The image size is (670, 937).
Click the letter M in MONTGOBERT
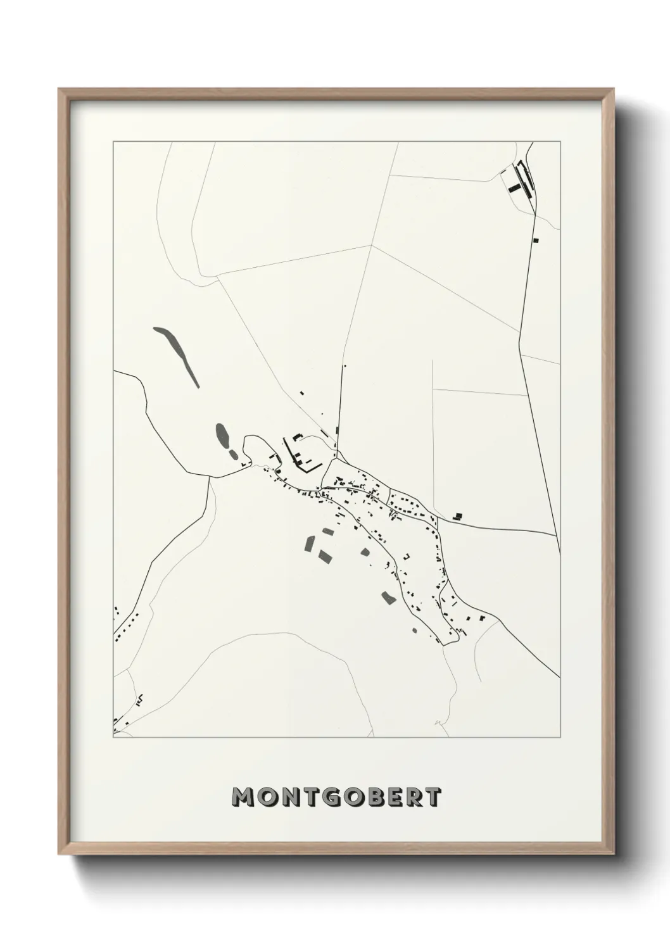pyautogui.click(x=244, y=798)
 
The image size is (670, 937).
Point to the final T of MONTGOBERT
pyautogui.click(x=433, y=798)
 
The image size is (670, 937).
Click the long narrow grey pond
pyautogui.click(x=177, y=355)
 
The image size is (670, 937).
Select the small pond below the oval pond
pyautogui.click(x=233, y=455)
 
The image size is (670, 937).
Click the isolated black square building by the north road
pyautogui.click(x=536, y=240)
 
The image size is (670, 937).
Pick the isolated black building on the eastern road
pyautogui.click(x=458, y=517)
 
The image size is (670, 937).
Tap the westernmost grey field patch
pyautogui.click(x=310, y=543)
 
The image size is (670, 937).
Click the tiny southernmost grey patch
pyautogui.click(x=415, y=630)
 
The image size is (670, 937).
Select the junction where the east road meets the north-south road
pyautogui.click(x=558, y=536)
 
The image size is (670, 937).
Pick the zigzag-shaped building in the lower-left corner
pyautogui.click(x=140, y=699)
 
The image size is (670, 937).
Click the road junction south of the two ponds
pyautogui.click(x=210, y=477)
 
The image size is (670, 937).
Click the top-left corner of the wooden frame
pyautogui.click(x=60, y=90)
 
